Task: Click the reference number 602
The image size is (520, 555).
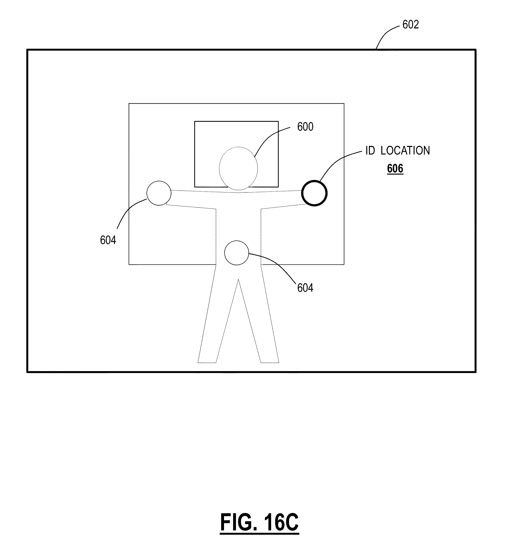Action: click(x=411, y=25)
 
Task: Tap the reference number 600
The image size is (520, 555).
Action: click(x=305, y=127)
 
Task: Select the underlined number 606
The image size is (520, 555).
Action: click(x=395, y=169)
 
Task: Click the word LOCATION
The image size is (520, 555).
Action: click(x=405, y=151)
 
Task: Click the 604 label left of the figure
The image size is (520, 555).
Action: click(x=108, y=240)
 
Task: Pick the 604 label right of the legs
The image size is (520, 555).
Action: click(x=305, y=288)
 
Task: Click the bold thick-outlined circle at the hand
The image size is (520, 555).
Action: click(x=314, y=193)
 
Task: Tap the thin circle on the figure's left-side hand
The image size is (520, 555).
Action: click(x=159, y=193)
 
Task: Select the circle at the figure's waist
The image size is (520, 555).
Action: click(x=236, y=253)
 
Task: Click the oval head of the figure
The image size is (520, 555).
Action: click(x=238, y=168)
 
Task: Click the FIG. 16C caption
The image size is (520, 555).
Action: click(x=259, y=522)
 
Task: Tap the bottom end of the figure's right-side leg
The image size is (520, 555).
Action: click(x=270, y=362)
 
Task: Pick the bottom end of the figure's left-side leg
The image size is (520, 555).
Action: click(x=207, y=362)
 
